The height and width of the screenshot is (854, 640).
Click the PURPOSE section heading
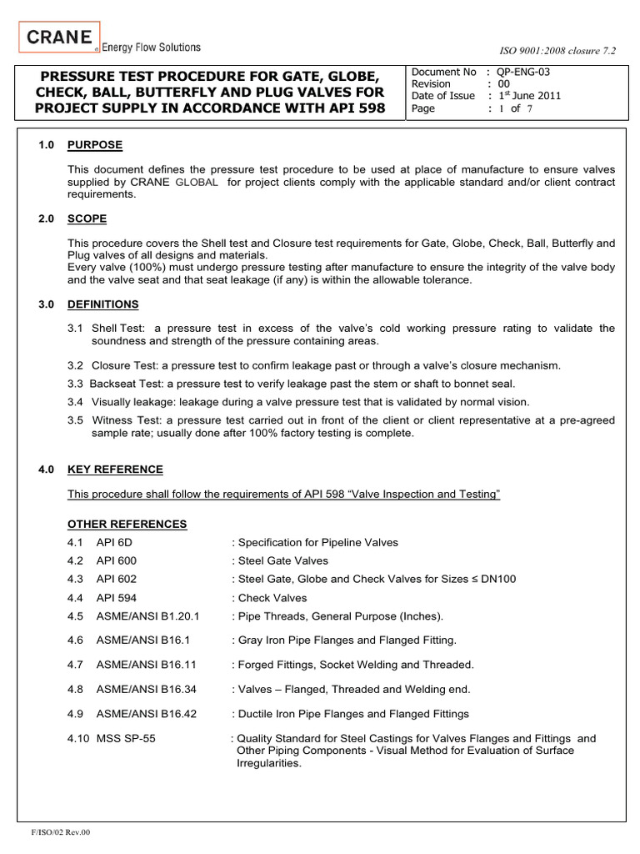point(95,145)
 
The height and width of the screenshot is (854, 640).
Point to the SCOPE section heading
point(87,219)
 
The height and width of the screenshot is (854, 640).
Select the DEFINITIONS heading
point(102,304)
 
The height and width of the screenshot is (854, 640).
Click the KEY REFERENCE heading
point(115,470)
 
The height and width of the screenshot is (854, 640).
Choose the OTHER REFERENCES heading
point(127,524)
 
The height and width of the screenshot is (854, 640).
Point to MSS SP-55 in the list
point(125,738)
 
